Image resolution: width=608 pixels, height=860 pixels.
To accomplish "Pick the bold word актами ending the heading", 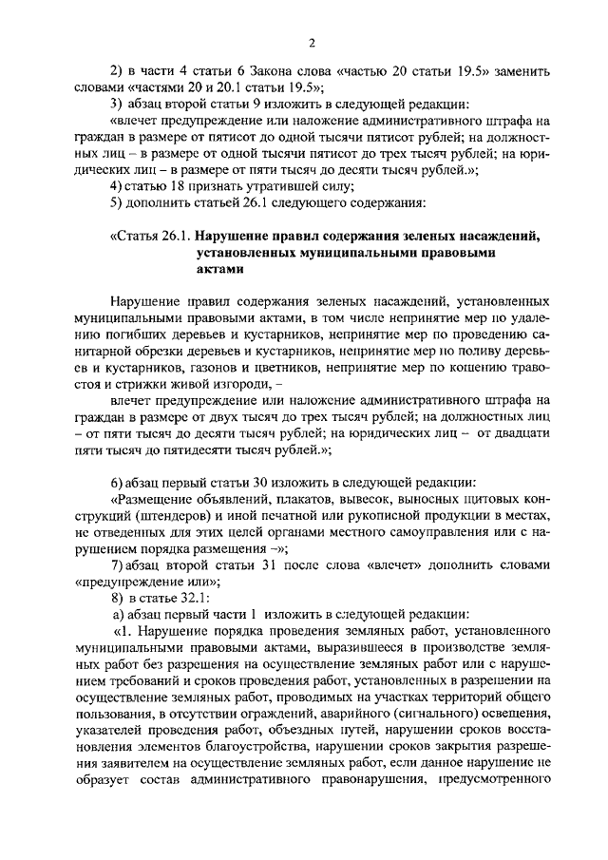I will click(216, 268).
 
